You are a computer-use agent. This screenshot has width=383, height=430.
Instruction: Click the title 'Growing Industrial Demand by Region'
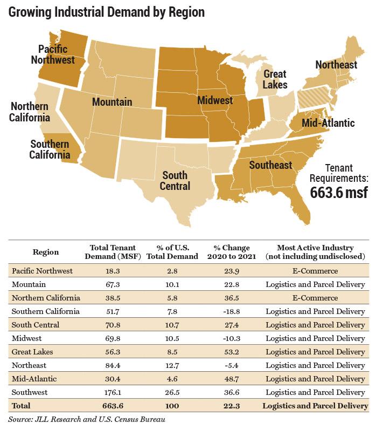tap(107, 12)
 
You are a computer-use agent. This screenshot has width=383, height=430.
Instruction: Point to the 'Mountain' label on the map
tap(112, 101)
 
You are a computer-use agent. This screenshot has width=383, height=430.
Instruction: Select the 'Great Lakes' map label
tap(275, 79)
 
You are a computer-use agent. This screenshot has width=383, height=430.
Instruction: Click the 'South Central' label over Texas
tap(175, 181)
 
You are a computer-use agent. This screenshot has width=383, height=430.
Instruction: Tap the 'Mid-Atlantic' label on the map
tap(328, 123)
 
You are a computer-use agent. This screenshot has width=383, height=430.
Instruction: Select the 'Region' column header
tap(46, 252)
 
